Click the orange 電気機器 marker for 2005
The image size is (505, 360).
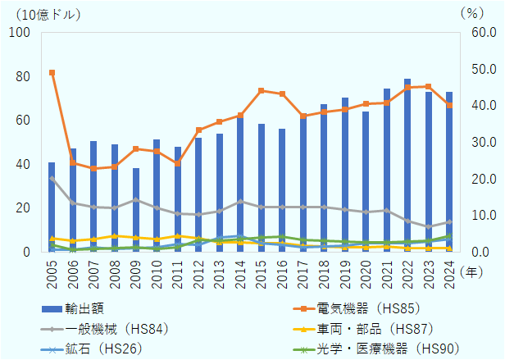click(x=52, y=73)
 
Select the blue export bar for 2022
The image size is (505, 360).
click(x=407, y=164)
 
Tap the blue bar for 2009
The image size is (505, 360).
click(x=136, y=209)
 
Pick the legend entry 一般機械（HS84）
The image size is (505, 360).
click(x=106, y=328)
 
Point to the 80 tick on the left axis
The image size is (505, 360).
click(x=24, y=76)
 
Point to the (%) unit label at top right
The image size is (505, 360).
click(x=473, y=13)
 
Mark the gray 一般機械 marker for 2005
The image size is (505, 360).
click(x=52, y=178)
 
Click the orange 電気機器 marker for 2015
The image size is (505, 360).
click(x=261, y=90)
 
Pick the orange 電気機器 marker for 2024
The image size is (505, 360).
click(x=449, y=105)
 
